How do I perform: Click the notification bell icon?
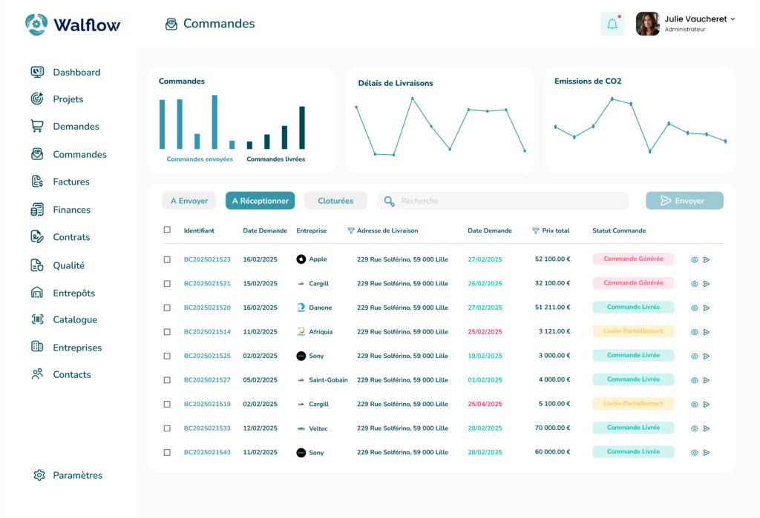(612, 24)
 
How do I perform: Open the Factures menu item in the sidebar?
(71, 182)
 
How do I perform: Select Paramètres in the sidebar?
(77, 475)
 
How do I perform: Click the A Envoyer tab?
(189, 201)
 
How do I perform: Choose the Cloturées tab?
(335, 201)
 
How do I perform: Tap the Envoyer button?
(684, 201)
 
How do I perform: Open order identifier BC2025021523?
(207, 259)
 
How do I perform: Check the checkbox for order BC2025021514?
(167, 332)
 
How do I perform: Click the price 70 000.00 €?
(552, 428)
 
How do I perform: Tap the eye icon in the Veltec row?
(695, 428)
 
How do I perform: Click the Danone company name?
(320, 308)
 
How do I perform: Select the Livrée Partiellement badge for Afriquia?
(633, 331)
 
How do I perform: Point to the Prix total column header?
(555, 230)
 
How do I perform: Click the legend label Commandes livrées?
(275, 159)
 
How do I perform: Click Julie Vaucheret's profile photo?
(647, 24)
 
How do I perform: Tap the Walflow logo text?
(86, 24)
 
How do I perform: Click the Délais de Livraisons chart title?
(395, 83)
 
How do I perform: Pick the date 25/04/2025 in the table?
(485, 404)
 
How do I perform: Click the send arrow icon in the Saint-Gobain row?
(707, 380)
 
